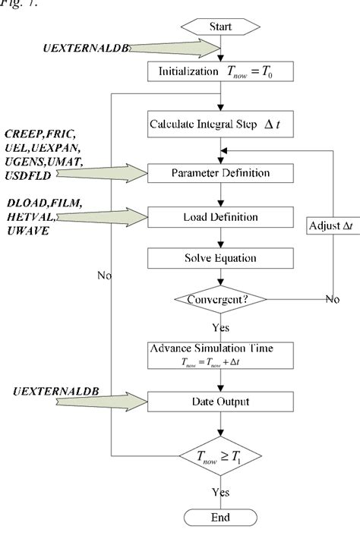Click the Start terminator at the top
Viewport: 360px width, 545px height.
pos(221,27)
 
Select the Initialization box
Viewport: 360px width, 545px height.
pos(221,72)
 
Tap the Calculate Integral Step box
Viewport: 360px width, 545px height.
pos(221,121)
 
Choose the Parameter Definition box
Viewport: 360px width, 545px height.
pos(221,173)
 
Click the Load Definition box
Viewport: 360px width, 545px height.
pos(221,218)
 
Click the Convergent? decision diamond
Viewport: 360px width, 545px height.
pos(221,299)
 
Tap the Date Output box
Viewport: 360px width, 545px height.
pos(221,401)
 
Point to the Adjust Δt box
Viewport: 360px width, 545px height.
pos(330,227)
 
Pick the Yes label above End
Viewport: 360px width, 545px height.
pos(221,493)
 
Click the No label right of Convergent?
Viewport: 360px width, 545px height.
pos(333,299)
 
